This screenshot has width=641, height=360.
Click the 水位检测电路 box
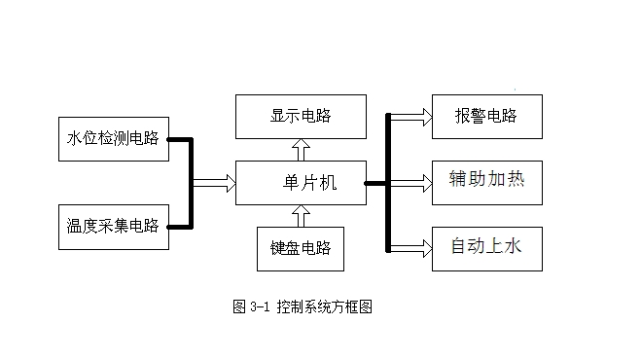tap(114, 139)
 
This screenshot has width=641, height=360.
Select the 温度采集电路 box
tap(114, 227)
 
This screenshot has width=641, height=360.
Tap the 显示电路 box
tap(301, 117)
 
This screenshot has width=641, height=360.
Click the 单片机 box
tap(301, 183)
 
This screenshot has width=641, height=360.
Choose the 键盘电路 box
tap(301, 249)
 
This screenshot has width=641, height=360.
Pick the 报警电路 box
tap(487, 117)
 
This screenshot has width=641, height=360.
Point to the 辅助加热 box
tap(487, 183)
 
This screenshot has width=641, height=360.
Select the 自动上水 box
tap(487, 249)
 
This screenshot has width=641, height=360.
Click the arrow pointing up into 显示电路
tap(301, 150)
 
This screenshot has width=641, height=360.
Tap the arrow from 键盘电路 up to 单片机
tap(301, 216)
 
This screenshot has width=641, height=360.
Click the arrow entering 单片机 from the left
tap(214, 183)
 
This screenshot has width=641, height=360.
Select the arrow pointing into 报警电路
tap(410, 117)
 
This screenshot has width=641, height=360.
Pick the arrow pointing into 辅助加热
tap(410, 183)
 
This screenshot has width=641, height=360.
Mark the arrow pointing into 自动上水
tap(410, 249)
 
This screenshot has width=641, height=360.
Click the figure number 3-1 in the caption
tap(260, 306)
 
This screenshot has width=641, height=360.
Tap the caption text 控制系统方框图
tap(325, 306)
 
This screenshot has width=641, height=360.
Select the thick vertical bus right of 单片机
tap(388, 183)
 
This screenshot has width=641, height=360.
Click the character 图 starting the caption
tap(239, 306)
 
